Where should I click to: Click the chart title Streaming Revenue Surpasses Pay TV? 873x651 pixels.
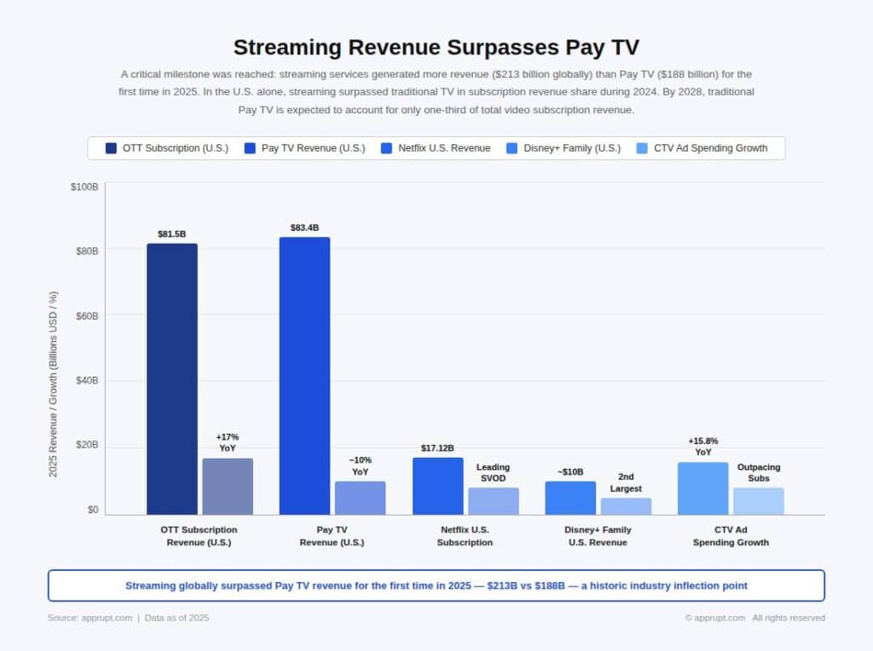pos(436,47)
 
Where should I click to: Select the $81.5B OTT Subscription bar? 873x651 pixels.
pos(171,378)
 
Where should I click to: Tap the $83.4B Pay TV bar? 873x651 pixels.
pos(304,375)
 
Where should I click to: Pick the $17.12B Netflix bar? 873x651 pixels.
pos(437,486)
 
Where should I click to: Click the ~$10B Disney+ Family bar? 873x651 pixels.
pos(570,498)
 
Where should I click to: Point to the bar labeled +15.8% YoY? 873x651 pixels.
pos(702,488)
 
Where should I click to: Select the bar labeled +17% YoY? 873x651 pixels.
pos(228,486)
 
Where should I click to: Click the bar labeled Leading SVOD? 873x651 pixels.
pos(493,501)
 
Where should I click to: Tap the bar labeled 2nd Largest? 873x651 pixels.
pos(626,506)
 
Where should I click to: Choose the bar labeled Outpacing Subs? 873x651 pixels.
pos(758,501)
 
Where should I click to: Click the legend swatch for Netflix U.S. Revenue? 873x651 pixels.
pos(389,148)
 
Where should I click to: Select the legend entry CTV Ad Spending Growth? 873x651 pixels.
pos(710,148)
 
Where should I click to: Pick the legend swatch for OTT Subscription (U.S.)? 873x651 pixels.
pos(112,148)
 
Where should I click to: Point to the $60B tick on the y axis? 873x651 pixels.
pos(84,316)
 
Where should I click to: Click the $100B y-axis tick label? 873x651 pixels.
pos(84,187)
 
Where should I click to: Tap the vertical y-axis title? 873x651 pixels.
pos(54,383)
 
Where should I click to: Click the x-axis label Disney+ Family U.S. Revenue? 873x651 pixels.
pos(598,536)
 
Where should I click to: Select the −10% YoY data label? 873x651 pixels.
pos(360,465)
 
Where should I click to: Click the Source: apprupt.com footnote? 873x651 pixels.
pos(90,618)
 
